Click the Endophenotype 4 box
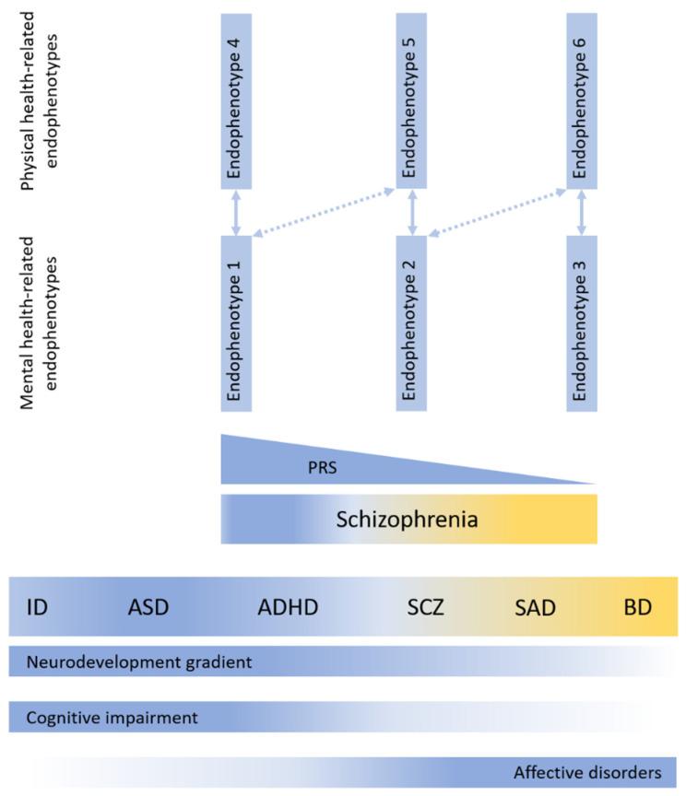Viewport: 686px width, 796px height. [x=237, y=100]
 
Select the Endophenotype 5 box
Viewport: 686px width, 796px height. [x=411, y=100]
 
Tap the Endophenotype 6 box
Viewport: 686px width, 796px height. [x=582, y=100]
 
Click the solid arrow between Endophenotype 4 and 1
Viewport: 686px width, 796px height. [x=237, y=211]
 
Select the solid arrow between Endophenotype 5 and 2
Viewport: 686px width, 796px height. [x=411, y=211]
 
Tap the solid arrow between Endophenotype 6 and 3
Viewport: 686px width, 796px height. [x=582, y=211]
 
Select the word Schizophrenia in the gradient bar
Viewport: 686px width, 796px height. [x=407, y=519]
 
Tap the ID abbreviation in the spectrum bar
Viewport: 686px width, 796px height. [x=37, y=606]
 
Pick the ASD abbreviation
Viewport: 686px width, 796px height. [x=148, y=606]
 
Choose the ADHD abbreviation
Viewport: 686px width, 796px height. [x=288, y=606]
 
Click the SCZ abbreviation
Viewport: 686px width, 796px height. [x=426, y=606]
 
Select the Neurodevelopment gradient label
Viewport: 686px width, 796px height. [x=139, y=661]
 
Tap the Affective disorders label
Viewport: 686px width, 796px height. [x=587, y=771]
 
